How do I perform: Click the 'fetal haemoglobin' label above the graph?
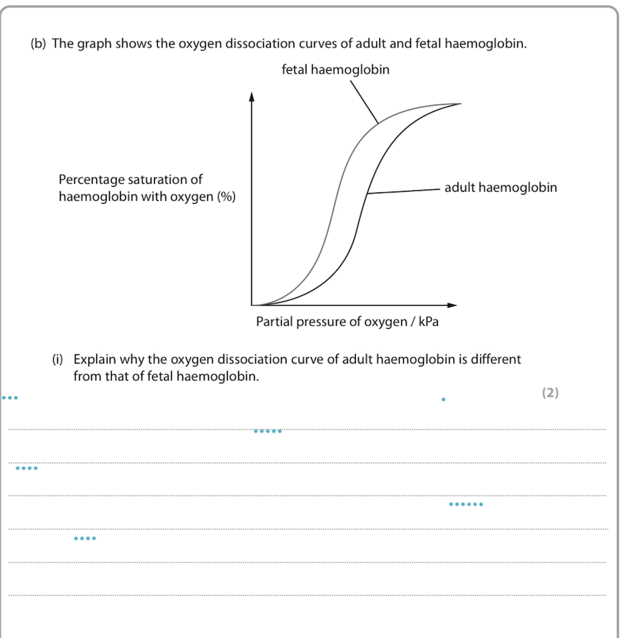pyautogui.click(x=335, y=70)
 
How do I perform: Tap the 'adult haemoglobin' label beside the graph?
pyautogui.click(x=500, y=187)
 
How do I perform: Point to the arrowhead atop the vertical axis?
pyautogui.click(x=251, y=97)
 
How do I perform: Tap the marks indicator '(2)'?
pyautogui.click(x=550, y=393)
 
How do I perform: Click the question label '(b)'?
pyautogui.click(x=38, y=44)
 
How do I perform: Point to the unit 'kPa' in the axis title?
pyautogui.click(x=434, y=322)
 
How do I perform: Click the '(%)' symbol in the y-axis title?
pyautogui.click(x=226, y=197)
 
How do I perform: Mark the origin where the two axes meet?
pyautogui.click(x=252, y=305)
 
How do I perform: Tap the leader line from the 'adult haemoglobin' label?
pyautogui.click(x=403, y=190)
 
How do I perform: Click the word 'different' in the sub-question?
pyautogui.click(x=491, y=359)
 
